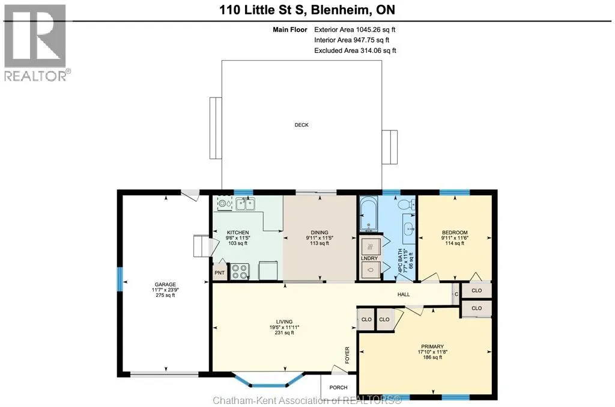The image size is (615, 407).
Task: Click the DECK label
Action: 301,125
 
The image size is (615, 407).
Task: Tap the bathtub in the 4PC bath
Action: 369,214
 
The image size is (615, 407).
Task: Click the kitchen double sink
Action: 246,204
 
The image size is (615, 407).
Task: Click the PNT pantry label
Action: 220,273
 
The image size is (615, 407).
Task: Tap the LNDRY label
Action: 369,259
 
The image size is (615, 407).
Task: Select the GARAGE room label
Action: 165,284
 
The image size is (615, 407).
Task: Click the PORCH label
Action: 339,387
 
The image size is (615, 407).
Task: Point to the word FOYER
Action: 347,355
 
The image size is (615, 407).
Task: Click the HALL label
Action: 404,295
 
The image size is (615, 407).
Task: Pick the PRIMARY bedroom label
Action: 432,346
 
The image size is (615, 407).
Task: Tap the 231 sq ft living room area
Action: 284,333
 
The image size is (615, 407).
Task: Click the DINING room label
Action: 320,232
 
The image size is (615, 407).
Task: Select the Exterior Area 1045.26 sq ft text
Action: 354,29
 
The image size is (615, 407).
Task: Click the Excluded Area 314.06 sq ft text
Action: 355,50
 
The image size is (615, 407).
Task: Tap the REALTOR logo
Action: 37,43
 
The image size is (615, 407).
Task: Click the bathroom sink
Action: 410,227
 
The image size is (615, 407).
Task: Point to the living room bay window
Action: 268,381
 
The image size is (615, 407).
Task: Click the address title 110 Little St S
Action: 262,10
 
